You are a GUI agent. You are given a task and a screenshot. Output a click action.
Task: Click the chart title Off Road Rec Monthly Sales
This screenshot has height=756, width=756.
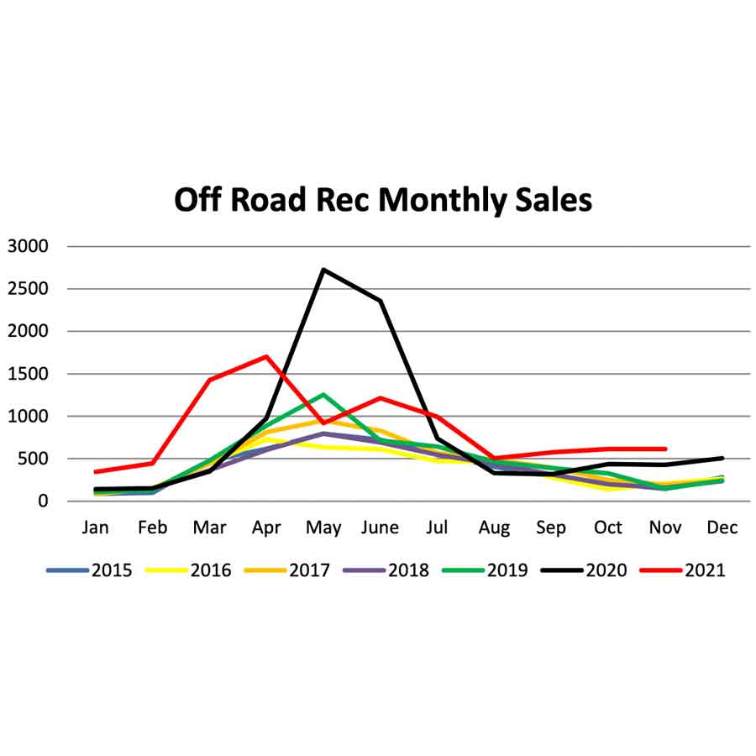pos(383,201)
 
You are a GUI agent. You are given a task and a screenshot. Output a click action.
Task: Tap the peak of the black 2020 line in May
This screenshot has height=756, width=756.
pos(323,270)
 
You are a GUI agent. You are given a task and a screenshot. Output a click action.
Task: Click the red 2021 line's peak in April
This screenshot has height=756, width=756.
pos(266,356)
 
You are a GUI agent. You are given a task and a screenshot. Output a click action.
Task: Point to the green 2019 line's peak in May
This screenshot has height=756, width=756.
pos(323,394)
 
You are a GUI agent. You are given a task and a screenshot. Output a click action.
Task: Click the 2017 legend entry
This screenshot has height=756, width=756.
pos(289,570)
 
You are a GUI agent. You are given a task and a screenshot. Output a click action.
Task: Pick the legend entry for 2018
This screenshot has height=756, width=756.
pos(386,570)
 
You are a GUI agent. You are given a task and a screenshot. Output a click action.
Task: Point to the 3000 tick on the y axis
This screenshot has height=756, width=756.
pos(28,246)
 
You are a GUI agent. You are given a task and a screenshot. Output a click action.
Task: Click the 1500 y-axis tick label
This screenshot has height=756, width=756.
pos(28,374)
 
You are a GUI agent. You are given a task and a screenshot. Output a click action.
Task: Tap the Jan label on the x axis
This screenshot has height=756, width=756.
pos(95,528)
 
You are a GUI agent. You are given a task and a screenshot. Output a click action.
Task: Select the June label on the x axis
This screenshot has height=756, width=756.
pos(381,528)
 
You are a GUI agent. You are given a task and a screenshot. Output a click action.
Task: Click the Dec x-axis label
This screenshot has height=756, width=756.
pos(722,528)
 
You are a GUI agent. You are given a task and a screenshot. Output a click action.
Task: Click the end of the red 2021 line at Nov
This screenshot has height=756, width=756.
pos(665,449)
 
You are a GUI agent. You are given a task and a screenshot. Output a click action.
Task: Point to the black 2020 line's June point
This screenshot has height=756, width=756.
pos(381,301)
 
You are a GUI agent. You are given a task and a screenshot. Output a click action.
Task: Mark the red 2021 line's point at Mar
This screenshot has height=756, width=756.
pos(209,380)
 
